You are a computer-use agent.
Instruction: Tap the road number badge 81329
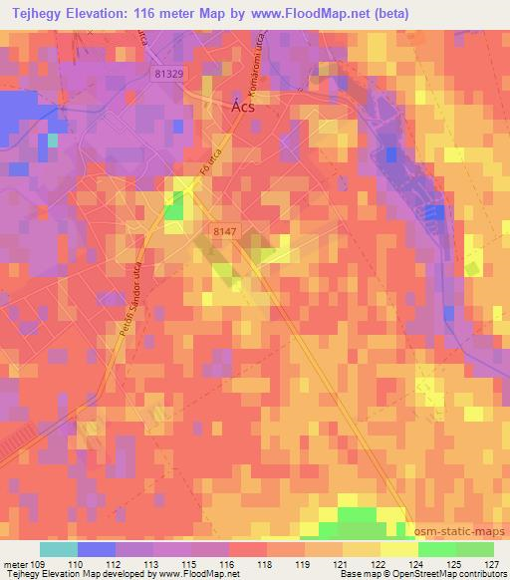click(173, 74)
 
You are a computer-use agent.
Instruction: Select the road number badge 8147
click(225, 231)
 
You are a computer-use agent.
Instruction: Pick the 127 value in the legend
click(492, 565)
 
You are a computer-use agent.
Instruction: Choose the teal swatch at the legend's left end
click(59, 549)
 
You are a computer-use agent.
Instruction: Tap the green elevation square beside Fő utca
click(175, 207)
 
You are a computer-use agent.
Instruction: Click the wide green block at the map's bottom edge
click(363, 515)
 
